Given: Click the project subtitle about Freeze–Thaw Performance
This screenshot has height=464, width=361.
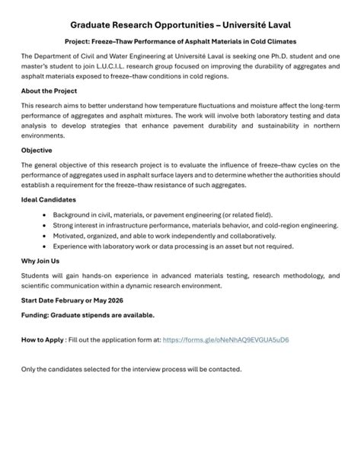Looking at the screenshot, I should click(180, 41).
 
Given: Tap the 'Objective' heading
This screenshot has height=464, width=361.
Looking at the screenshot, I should click(37, 150).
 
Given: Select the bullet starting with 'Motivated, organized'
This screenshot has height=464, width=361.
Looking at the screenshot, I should click(168, 237).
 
